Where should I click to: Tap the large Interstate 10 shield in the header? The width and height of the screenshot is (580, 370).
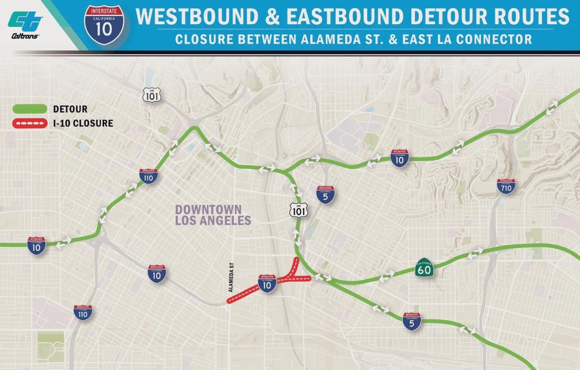click(104, 25)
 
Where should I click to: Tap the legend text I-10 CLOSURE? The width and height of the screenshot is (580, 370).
click(83, 123)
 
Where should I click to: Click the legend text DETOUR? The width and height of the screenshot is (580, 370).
click(70, 109)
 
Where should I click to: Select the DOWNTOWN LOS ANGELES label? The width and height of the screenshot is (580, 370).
click(213, 215)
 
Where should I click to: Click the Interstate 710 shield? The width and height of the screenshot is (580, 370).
click(506, 186)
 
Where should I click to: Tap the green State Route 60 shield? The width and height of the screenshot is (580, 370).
click(424, 268)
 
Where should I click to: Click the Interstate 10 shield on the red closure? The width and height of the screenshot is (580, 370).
click(267, 283)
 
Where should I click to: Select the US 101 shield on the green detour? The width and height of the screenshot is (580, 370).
click(299, 209)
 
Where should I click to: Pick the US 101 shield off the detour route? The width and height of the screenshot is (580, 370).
click(152, 94)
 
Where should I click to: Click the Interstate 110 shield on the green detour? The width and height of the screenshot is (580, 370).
click(148, 176)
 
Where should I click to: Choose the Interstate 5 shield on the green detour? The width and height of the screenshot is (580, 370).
click(412, 322)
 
